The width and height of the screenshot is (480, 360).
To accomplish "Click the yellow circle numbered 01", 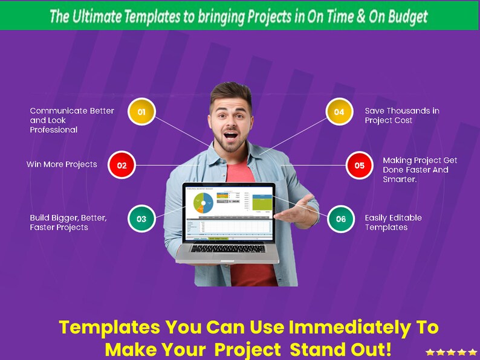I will [x=142, y=112].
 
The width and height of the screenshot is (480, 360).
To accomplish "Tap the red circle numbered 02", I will [x=122, y=165].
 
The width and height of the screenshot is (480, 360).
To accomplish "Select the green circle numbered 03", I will [x=141, y=219].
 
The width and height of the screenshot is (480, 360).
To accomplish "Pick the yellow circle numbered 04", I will [x=339, y=112].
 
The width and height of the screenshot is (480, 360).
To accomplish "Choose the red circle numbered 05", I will [x=360, y=165].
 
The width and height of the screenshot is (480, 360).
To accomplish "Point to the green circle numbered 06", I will [x=341, y=219].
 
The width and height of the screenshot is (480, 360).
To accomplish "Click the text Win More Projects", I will [x=62, y=164].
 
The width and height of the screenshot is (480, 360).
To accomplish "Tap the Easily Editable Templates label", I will [x=393, y=222].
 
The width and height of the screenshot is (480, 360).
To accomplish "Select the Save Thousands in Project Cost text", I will [x=401, y=115].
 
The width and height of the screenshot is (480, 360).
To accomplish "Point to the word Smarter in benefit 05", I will [x=399, y=179].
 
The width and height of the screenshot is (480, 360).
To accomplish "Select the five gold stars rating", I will [x=451, y=352].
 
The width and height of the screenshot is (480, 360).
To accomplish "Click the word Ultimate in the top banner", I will [x=94, y=16].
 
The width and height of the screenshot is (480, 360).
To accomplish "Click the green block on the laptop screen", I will [x=261, y=202].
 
